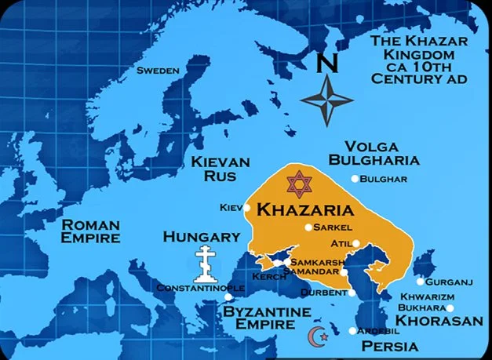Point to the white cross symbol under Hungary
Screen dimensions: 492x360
(206, 266)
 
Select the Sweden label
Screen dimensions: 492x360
(158, 71)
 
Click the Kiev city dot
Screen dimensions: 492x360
(247, 208)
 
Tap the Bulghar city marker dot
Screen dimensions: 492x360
(355, 180)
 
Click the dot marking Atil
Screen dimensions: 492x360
(357, 244)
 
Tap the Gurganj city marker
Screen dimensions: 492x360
(421, 282)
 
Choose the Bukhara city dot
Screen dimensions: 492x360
(450, 308)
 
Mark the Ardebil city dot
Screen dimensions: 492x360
(352, 331)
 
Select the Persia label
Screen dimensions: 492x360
(389, 346)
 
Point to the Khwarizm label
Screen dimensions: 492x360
(427, 297)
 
